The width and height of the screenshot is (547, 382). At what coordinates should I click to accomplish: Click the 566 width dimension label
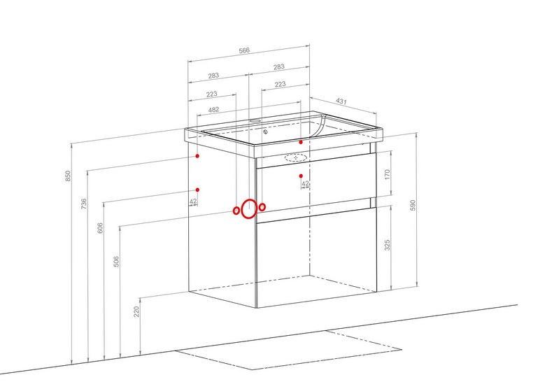244,50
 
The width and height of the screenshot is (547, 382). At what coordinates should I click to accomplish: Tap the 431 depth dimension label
341,101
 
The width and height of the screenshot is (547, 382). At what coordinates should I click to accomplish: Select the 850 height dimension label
68,176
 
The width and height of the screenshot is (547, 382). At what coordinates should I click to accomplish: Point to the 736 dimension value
84,204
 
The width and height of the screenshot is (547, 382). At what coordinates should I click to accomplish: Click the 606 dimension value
100,228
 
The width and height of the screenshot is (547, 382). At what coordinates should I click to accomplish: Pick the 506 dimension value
117,262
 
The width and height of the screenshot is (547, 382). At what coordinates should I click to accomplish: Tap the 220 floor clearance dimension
136,311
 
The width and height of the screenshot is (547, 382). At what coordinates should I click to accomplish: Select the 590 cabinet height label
413,205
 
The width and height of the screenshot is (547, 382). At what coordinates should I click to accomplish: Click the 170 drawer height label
388,174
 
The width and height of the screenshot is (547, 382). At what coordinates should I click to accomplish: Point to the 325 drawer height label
388,245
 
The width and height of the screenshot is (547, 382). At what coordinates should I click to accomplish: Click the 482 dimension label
213,110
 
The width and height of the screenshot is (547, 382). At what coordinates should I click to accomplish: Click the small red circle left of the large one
236,211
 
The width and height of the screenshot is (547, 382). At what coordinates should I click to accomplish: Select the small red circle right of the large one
262,207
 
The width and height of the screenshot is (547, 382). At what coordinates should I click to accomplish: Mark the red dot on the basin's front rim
301,142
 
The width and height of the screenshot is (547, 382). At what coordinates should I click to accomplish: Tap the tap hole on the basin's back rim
255,121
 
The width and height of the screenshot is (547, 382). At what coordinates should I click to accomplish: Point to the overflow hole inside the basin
266,132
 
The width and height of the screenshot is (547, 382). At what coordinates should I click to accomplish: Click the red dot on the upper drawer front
301,176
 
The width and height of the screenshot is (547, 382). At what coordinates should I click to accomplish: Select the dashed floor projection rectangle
288,350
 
